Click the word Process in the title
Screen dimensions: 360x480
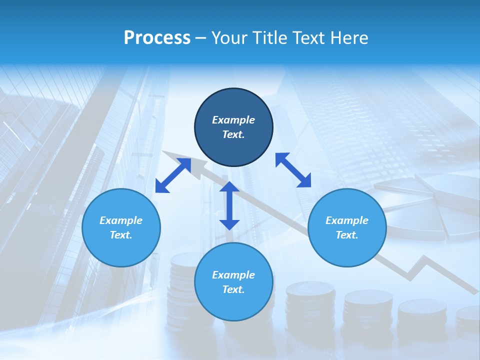(x=157, y=38)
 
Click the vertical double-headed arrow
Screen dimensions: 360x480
(x=229, y=205)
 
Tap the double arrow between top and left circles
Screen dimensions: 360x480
(x=173, y=175)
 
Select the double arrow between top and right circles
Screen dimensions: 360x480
(x=293, y=170)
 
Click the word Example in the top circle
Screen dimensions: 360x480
(x=233, y=120)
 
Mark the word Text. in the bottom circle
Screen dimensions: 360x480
(x=233, y=289)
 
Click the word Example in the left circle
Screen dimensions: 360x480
(x=121, y=220)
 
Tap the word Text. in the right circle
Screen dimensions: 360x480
(x=347, y=235)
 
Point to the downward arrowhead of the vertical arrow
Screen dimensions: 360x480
(x=229, y=223)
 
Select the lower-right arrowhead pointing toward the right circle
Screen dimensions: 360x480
(x=305, y=181)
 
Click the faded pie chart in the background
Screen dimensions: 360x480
(x=430, y=207)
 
